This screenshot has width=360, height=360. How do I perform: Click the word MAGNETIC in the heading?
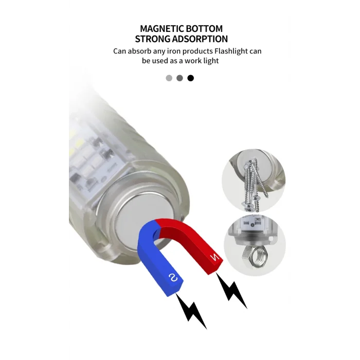(x=162, y=29)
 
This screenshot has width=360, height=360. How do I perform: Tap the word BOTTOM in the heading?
(x=204, y=29)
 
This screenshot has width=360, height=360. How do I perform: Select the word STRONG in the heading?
(x=152, y=39)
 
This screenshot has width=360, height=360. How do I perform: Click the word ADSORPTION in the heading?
(x=200, y=39)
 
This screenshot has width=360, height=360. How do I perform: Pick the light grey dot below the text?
(x=169, y=78)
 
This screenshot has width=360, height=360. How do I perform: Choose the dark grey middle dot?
(x=180, y=78)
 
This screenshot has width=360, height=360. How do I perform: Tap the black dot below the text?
(x=191, y=78)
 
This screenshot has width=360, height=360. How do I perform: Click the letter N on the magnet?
(x=215, y=258)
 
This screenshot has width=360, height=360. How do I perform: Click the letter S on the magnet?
(x=173, y=278)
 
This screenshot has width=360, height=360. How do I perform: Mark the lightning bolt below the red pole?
(x=231, y=291)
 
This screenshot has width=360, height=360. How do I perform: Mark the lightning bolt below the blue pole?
(x=192, y=311)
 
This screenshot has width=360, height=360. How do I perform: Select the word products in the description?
(x=197, y=51)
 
